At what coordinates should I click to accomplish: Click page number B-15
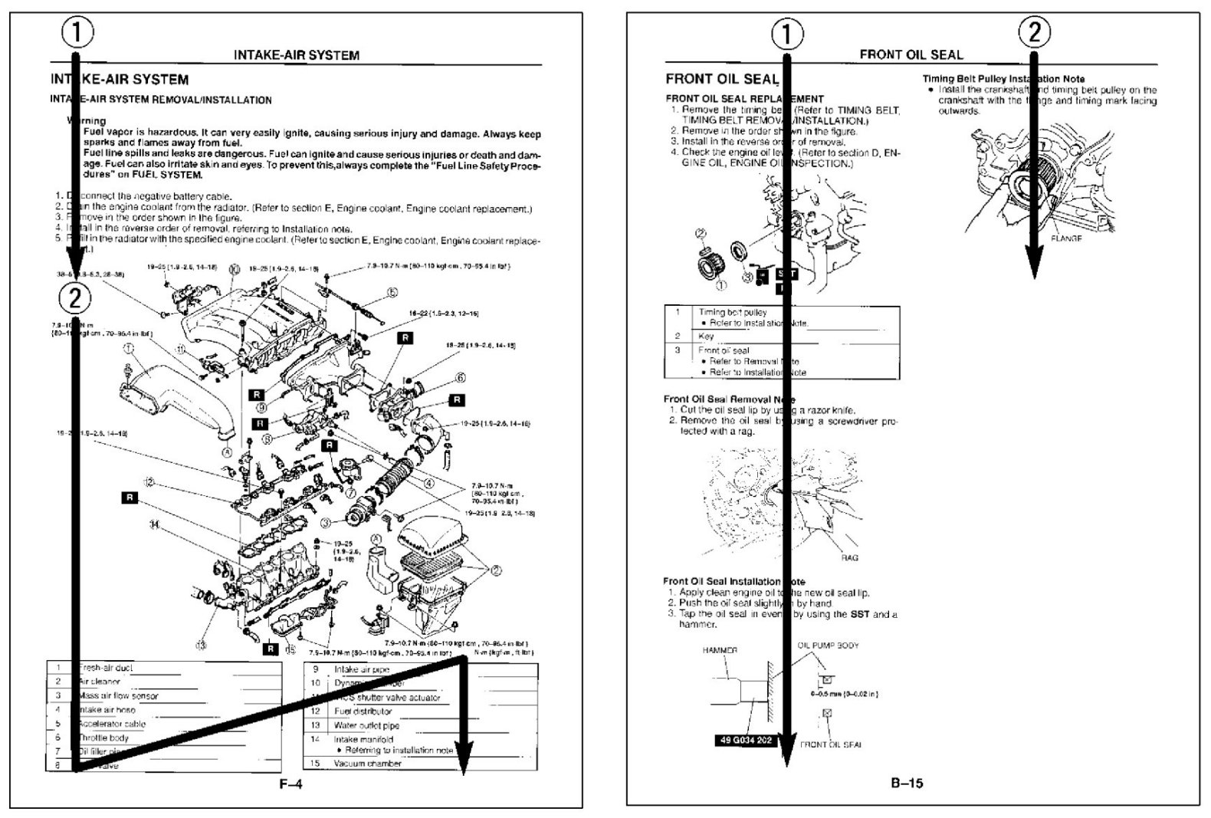(907, 784)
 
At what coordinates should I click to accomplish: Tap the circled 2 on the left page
(74, 297)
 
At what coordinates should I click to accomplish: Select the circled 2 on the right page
(1034, 32)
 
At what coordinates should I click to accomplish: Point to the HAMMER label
(720, 650)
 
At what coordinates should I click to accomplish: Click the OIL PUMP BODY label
(828, 646)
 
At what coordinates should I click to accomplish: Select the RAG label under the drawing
(849, 558)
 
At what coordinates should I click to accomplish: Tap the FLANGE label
(1066, 238)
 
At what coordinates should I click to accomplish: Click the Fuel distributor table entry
(363, 711)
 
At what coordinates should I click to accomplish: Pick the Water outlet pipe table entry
(366, 725)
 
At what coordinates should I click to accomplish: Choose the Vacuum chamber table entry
(367, 764)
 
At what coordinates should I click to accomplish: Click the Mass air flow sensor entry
(119, 696)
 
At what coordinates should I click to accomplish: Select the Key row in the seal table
(706, 336)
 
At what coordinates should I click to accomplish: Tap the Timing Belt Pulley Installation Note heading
(1003, 79)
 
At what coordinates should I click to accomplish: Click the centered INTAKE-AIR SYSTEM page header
(296, 55)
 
